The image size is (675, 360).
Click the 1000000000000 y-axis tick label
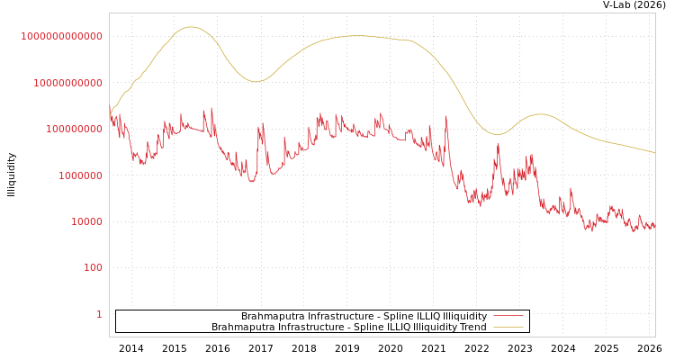pos(62,36)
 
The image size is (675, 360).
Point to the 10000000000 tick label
pos(67,83)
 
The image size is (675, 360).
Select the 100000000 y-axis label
pos(73,129)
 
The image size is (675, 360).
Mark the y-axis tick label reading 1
pos(99,314)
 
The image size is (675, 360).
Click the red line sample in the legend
pos(508,316)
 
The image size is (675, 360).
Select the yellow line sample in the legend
pos(508,327)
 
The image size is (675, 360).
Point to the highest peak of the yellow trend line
pos(191,27)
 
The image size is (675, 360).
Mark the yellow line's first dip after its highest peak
pos(256,82)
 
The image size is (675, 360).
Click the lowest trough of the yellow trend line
pos(497,134)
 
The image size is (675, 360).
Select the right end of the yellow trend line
pos(654,153)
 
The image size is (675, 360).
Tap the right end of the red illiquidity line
pos(654,228)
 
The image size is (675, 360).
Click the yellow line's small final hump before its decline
pos(540,114)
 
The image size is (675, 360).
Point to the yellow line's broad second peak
pos(356,36)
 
